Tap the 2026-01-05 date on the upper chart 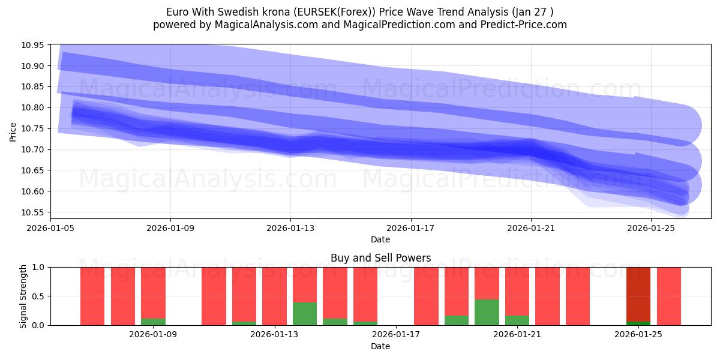(x=50, y=228)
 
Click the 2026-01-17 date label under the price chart (x=410, y=228)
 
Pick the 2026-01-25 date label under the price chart (x=651, y=228)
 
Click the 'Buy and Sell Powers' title (x=380, y=259)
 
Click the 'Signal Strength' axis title (x=23, y=296)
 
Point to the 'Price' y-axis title (x=13, y=131)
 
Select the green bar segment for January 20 (x=487, y=312)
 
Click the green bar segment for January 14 (x=305, y=314)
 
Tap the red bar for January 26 (x=669, y=296)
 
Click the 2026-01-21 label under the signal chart (x=517, y=334)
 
